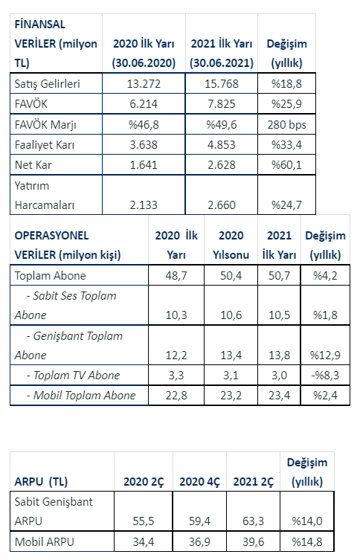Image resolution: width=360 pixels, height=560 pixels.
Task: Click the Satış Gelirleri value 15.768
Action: click(222, 83)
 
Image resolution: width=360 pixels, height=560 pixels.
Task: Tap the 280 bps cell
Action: click(287, 124)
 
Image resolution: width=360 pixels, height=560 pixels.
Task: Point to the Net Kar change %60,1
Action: click(286, 164)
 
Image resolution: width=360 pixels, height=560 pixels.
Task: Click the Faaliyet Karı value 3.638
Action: click(144, 144)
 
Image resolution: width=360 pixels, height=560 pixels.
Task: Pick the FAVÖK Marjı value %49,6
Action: click(222, 124)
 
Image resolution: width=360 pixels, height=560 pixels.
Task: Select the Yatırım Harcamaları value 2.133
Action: click(144, 205)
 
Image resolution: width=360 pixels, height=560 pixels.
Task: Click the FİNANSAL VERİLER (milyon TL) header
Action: click(56, 44)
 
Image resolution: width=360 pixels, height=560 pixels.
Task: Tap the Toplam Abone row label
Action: click(51, 275)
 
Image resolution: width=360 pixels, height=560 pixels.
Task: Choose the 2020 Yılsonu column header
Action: click(231, 245)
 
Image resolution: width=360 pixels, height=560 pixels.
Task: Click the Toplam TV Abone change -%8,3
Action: click(325, 375)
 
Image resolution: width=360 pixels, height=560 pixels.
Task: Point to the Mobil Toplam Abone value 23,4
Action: click(279, 396)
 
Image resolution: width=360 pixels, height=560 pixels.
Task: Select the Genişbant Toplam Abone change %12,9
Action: click(325, 355)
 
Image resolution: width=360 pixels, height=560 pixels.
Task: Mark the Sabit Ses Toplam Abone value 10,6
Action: click(231, 315)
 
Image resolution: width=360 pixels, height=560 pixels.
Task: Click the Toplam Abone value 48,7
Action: click(176, 275)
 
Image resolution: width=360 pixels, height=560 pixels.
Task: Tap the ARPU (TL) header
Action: click(41, 481)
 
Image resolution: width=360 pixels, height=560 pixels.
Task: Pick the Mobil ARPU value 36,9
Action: click(199, 542)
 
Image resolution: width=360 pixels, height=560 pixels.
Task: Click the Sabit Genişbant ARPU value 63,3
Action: click(253, 521)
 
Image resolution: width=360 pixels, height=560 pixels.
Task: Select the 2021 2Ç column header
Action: click(253, 481)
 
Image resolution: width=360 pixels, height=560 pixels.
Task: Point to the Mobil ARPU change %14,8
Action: click(307, 542)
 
